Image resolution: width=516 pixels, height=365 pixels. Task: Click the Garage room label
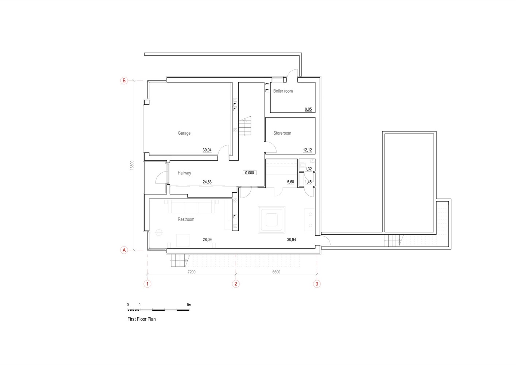(x=184, y=133)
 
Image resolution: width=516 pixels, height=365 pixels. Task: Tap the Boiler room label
(x=283, y=91)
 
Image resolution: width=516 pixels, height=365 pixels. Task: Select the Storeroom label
(x=282, y=133)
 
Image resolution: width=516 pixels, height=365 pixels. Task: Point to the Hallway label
(x=184, y=173)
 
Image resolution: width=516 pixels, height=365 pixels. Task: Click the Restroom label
(x=186, y=219)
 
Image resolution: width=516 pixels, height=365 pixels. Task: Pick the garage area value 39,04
(x=207, y=150)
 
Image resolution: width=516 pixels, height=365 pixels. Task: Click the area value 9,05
(x=308, y=109)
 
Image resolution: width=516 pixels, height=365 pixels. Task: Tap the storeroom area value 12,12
(x=307, y=150)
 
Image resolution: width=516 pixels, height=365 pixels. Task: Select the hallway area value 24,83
(x=207, y=182)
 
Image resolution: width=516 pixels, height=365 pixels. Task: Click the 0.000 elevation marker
(x=250, y=173)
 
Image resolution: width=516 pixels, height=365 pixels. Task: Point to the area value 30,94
(x=292, y=240)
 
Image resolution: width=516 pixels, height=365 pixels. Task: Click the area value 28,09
(x=207, y=240)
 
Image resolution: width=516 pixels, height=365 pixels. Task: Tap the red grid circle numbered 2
(x=236, y=284)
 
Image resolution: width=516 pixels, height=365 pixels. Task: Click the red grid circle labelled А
(x=124, y=250)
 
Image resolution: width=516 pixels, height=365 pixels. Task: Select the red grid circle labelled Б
(x=124, y=80)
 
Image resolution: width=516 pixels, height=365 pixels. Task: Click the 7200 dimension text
(x=192, y=272)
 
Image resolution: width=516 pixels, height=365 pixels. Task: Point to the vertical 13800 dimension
(x=132, y=165)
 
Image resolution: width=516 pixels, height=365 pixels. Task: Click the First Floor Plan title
(x=142, y=319)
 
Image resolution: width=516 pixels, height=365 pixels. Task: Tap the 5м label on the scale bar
(x=189, y=305)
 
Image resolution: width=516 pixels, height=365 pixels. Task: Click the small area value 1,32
(x=308, y=169)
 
